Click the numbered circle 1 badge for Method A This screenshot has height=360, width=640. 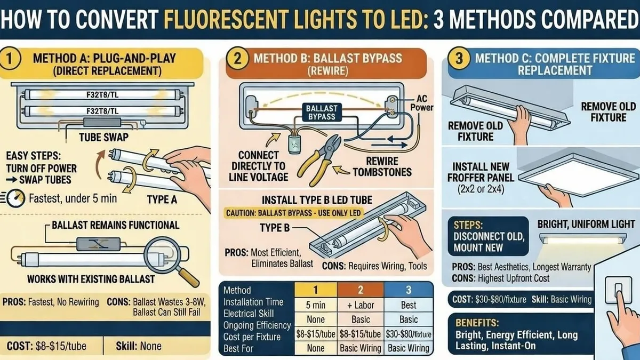pos(10,59)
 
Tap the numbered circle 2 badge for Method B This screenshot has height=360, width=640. pos(237,59)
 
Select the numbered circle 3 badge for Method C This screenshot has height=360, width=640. pos(459,59)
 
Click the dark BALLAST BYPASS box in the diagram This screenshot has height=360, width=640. pos(322,113)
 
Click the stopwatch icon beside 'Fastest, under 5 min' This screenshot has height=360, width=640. pos(15,198)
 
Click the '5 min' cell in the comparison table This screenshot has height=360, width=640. pos(316,305)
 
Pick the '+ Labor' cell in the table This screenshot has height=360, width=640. pos(361,305)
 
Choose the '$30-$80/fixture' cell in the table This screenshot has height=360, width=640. pos(409,334)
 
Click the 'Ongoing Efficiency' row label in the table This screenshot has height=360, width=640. pos(257,325)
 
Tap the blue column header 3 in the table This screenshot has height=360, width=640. pos(409,290)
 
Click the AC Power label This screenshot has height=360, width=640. pos(422,103)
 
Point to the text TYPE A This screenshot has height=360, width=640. pos(162,199)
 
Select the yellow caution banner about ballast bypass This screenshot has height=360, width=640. pos(294,213)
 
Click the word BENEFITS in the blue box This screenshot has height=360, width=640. pos(477,323)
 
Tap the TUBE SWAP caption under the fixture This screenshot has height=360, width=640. pos(103,138)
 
